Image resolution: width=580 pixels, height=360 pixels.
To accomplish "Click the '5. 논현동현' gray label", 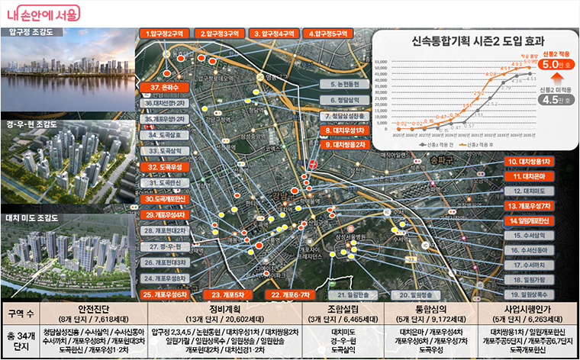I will (343, 84).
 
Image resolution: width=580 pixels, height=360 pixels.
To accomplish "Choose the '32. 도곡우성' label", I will (164, 166).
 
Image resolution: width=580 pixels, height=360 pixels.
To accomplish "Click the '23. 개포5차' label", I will (227, 294).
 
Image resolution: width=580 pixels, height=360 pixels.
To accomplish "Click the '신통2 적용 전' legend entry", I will (439, 143).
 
